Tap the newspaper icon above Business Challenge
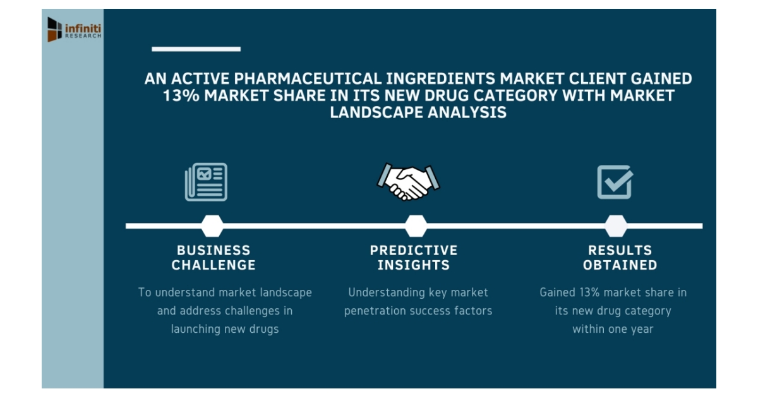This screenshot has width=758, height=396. (206, 182)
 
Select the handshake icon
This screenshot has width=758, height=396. (409, 182)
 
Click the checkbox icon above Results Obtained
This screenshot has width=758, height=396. (615, 182)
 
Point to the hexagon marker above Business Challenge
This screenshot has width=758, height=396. (212, 225)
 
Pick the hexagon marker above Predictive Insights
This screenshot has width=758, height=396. (415, 225)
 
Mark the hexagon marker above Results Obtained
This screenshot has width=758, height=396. (616, 225)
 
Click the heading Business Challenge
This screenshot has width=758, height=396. (214, 258)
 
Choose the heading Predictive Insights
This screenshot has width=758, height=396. (414, 258)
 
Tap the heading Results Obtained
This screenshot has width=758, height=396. (620, 258)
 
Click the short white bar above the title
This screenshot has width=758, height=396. (196, 49)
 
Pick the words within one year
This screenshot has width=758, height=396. (613, 329)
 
